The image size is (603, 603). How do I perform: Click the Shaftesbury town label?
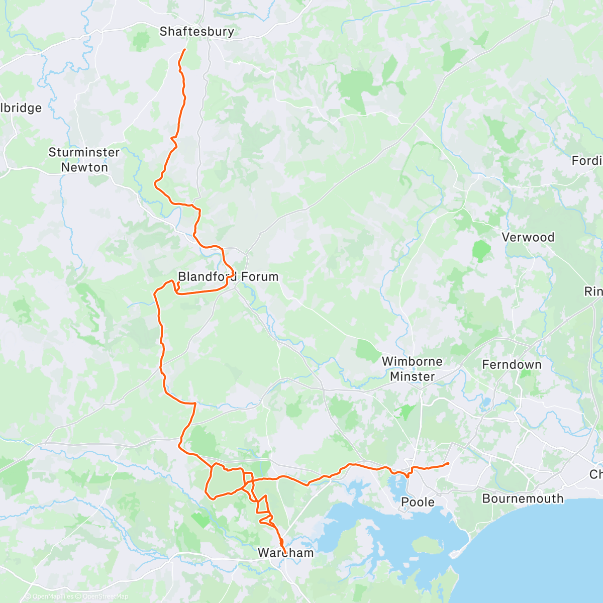click(196, 32)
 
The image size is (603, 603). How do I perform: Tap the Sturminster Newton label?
click(84, 160)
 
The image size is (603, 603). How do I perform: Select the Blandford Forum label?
click(228, 276)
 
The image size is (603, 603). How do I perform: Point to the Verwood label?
click(528, 237)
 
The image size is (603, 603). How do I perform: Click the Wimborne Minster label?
click(412, 369)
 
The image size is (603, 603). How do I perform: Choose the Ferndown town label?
click(512, 365)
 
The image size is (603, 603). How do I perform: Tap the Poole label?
click(418, 502)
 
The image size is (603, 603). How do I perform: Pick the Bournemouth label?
click(523, 498)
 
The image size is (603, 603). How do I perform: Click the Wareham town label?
click(285, 553)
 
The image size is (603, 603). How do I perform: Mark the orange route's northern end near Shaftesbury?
click(184, 50)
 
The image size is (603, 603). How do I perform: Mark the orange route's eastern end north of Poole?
click(448, 463)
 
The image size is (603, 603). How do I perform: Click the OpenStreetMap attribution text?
click(106, 596)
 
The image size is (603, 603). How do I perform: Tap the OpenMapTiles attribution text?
click(52, 596)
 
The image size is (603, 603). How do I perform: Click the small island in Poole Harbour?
click(425, 545)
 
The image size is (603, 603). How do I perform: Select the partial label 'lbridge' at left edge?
click(21, 108)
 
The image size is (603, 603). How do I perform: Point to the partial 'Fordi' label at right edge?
click(587, 161)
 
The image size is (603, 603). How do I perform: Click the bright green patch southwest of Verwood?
click(481, 250)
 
